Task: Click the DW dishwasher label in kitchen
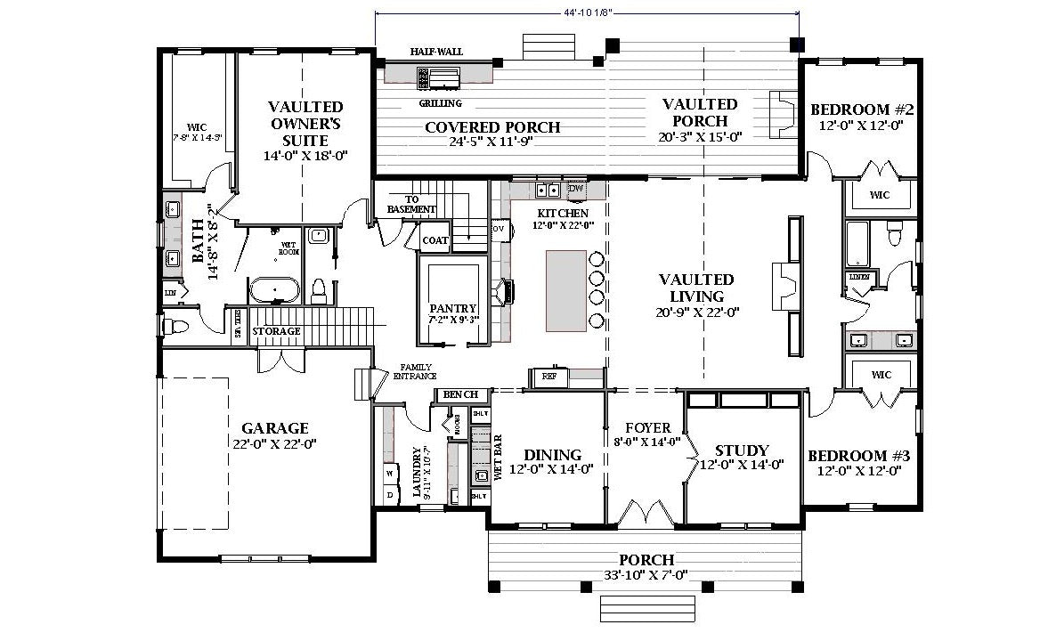point(575,189)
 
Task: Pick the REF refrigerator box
point(549,377)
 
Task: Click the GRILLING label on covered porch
point(440,103)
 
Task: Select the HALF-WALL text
point(436,52)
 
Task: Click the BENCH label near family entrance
point(460,394)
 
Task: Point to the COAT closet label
point(435,240)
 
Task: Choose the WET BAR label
point(498,456)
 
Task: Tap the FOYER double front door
point(647,513)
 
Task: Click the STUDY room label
point(741,451)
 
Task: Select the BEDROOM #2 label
point(862,110)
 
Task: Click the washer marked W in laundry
point(389,473)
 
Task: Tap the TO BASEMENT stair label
point(411,205)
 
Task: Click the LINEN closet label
point(859,277)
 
